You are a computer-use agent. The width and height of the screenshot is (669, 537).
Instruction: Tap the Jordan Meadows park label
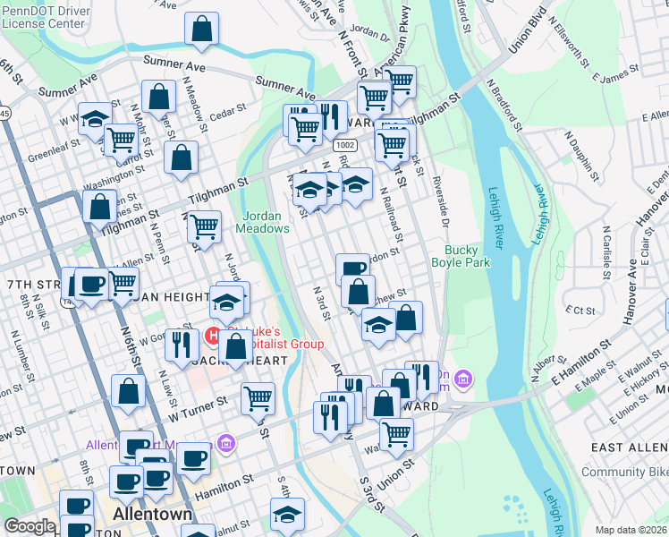pos(263,221)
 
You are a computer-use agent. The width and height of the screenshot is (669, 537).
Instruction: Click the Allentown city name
pos(153,515)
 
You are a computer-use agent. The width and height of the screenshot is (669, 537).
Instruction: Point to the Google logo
pos(30,526)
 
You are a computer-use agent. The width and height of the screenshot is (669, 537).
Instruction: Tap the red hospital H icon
pos(214,337)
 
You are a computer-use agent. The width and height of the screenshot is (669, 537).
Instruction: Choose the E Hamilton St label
pos(581,356)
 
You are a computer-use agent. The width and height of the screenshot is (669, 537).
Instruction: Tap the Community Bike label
pos(624,472)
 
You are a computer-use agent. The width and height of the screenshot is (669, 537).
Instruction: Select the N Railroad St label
pos(391,215)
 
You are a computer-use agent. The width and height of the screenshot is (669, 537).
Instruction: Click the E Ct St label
pos(581,310)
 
